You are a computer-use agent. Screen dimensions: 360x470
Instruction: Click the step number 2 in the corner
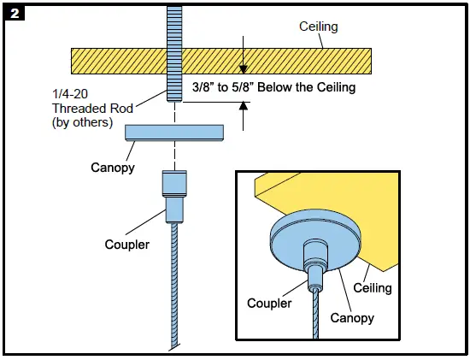coord(14,14)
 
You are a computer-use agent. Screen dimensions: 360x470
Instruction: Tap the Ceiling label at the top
coord(318,27)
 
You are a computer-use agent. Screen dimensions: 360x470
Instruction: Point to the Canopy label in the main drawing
coord(113,167)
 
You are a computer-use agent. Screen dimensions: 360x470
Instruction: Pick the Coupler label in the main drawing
coord(128,245)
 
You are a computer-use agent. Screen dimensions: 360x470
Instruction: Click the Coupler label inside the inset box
coord(269,303)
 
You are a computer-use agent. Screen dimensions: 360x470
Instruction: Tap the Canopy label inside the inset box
coord(352,318)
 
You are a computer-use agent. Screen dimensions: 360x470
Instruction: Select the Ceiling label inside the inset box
coord(373,288)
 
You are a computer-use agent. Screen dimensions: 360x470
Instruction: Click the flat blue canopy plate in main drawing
coord(174,132)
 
